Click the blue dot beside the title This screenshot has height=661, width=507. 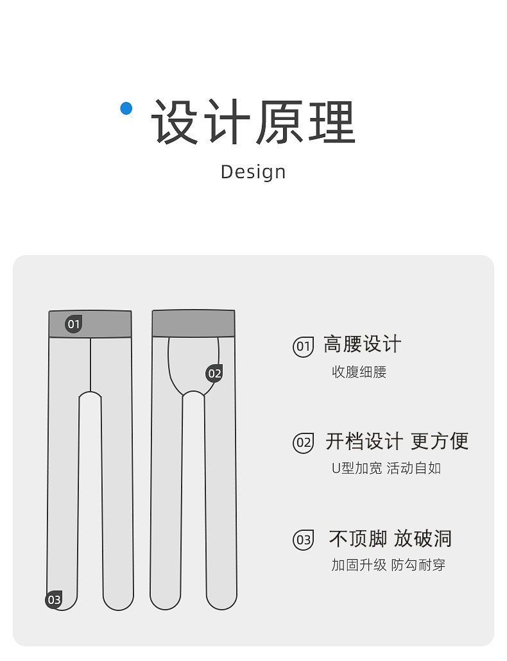126,108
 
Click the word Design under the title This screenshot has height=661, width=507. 253,172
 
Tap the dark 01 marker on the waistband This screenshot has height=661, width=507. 74,324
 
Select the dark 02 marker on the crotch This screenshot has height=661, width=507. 214,373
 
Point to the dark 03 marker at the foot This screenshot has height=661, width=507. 54,600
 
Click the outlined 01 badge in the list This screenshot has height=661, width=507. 303,347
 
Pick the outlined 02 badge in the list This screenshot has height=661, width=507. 303,442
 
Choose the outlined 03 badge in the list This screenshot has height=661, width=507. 303,540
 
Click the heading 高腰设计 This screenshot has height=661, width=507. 362,344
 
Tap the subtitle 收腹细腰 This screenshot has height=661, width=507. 359,372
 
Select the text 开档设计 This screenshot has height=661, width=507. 364,441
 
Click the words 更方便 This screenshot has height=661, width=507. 440,441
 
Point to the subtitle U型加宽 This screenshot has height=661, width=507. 356,468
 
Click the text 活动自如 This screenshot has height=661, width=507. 415,468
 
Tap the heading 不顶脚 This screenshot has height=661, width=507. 357,539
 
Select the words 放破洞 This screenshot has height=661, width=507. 423,539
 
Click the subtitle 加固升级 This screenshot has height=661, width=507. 359,565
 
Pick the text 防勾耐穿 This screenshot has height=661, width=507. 418,565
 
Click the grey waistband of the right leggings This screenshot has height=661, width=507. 193,324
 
